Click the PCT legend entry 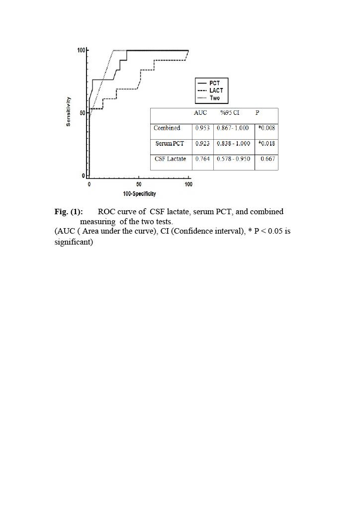tap(215, 83)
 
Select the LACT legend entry tap(216, 90)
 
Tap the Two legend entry tap(215, 98)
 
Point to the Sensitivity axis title tap(68, 111)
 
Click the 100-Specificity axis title tap(139, 193)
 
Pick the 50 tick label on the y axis tap(82, 113)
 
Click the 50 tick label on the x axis tap(139, 185)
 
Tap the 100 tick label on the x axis tap(188, 185)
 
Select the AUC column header tap(200, 113)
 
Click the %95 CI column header tap(230, 113)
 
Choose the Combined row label tap(167, 128)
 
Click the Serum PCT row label tap(170, 143)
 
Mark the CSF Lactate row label tap(170, 159)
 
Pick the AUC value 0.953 tap(202, 128)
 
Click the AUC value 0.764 tap(202, 159)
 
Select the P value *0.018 tap(267, 143)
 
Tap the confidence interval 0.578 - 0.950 tap(234, 159)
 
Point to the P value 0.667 tap(268, 159)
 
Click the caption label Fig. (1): tap(69, 212)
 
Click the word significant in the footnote tap(74, 243)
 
